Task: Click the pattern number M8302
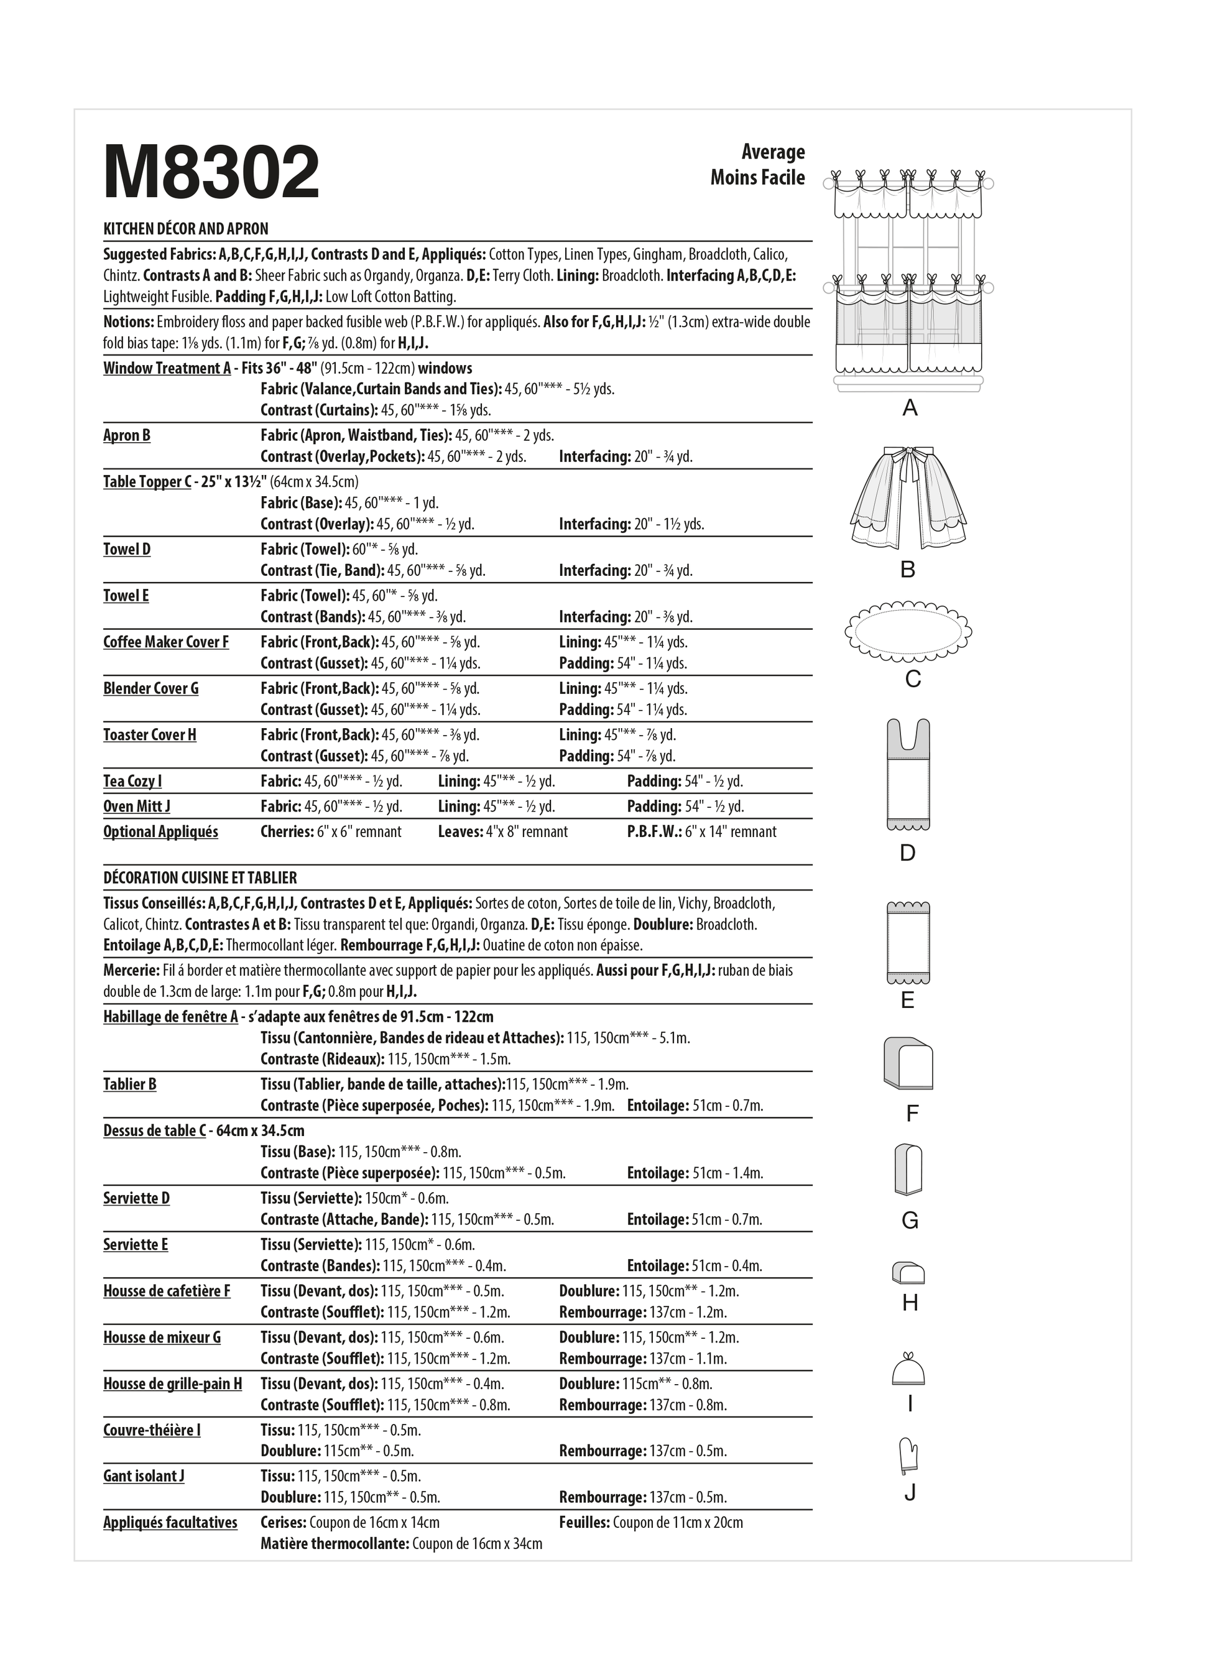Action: (x=211, y=172)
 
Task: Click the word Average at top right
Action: (x=773, y=152)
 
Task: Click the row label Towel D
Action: (x=127, y=549)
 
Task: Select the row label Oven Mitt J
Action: (x=137, y=807)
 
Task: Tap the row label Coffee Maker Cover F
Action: (x=166, y=642)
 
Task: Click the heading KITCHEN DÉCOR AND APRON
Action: (x=186, y=228)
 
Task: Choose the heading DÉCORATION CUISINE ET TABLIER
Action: (x=200, y=877)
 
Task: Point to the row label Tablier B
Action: (x=130, y=1084)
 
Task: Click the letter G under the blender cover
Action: (x=910, y=1220)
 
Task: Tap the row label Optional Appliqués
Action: (x=160, y=831)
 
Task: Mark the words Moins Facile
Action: (x=757, y=178)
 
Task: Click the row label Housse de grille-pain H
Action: (x=172, y=1384)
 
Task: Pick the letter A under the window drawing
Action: (x=910, y=408)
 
